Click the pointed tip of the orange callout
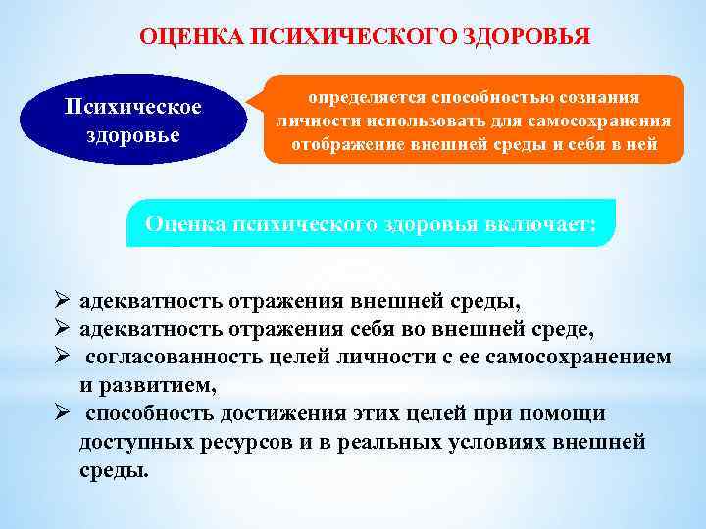coord(249,105)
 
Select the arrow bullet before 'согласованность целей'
coord(62,358)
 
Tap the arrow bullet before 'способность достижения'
coord(62,414)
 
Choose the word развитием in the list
coord(167,386)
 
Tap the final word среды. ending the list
coord(115,471)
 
